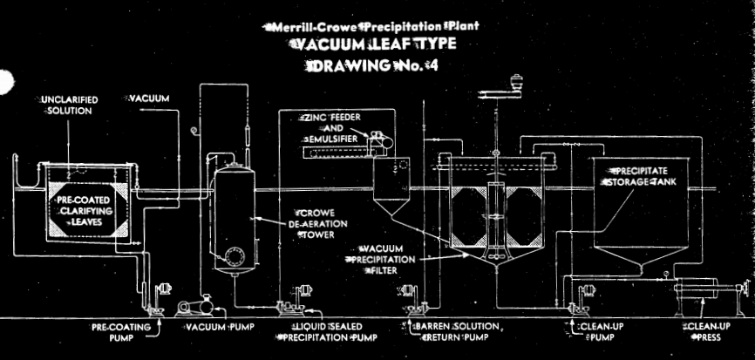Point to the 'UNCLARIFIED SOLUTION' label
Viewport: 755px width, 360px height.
pyautogui.click(x=70, y=105)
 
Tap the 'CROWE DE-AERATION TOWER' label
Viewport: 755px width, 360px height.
pyautogui.click(x=322, y=223)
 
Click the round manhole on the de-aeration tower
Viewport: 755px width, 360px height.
pyautogui.click(x=233, y=256)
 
